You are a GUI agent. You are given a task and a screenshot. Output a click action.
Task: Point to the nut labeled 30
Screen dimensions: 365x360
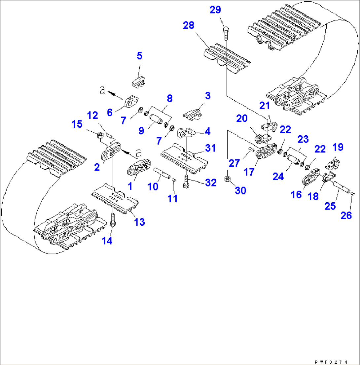[x=227, y=179]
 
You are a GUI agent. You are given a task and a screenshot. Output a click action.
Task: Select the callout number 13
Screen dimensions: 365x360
[x=140, y=222]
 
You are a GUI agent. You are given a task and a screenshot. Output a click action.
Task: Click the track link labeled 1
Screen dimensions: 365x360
[x=139, y=169]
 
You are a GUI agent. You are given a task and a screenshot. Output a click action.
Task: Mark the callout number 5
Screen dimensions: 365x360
[x=139, y=56]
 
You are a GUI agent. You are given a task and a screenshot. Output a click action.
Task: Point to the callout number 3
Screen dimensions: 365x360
[x=207, y=96]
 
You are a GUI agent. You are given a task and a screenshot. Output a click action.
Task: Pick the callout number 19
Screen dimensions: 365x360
[x=338, y=147]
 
